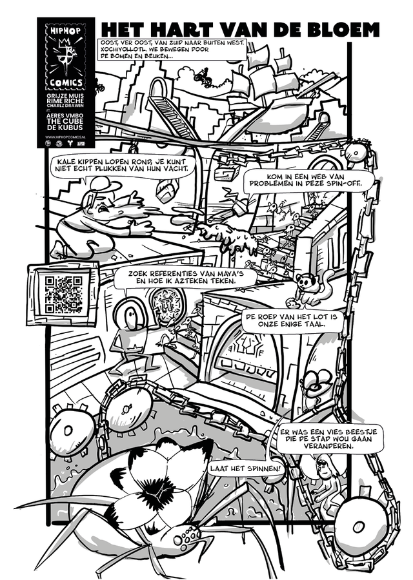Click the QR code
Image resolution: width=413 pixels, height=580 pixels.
(x=63, y=294)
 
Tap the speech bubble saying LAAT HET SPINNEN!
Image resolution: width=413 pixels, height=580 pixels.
(x=246, y=469)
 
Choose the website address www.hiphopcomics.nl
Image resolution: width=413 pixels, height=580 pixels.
(x=66, y=138)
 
